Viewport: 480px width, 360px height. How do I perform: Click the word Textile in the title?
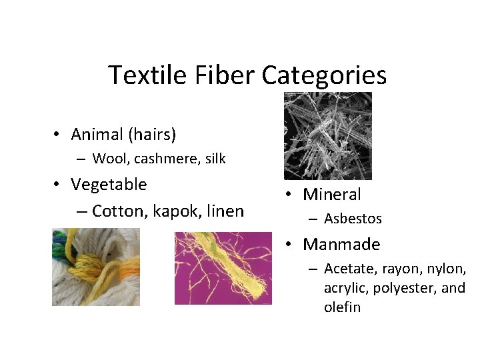[x=142, y=75]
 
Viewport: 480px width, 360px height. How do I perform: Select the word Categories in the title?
[x=324, y=75]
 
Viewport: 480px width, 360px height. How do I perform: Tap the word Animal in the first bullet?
[x=97, y=135]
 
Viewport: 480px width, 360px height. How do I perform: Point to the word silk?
[x=214, y=159]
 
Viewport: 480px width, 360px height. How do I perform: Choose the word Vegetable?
[x=109, y=184]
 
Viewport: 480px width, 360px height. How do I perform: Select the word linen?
[x=225, y=211]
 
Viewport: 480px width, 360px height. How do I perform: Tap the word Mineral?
[x=331, y=195]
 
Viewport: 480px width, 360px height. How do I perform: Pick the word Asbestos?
[x=353, y=219]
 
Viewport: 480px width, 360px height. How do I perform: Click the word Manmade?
[x=341, y=245]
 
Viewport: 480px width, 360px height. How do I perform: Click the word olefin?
[x=342, y=307]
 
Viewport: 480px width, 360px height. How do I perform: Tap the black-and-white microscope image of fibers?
[x=327, y=136]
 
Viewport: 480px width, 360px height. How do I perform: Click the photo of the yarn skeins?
[x=96, y=267]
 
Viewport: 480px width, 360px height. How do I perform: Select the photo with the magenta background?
[x=223, y=267]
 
